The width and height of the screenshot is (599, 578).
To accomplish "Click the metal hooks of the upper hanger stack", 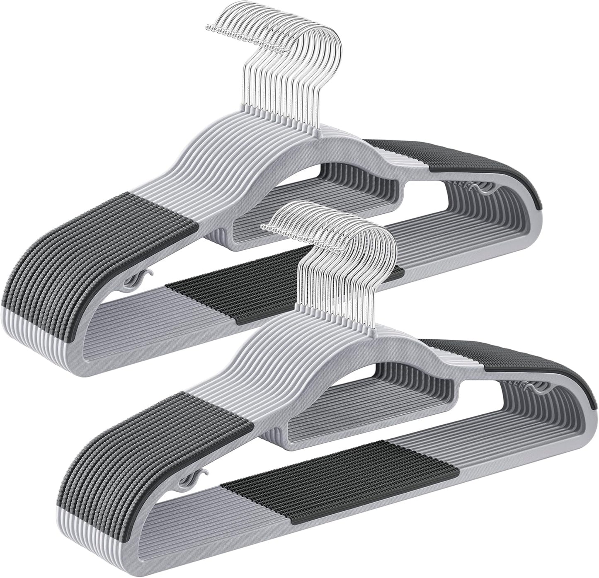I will point(290,62).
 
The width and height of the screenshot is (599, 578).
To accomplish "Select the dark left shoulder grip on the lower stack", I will point(158,439).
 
